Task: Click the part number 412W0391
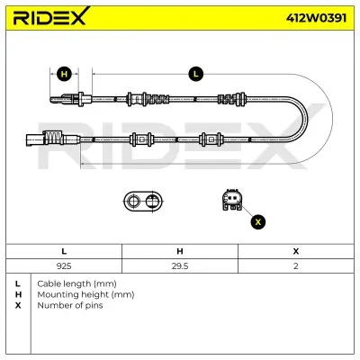(316, 18)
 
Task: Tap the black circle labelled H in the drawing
(64, 74)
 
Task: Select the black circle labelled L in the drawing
(195, 74)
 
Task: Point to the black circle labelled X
(258, 222)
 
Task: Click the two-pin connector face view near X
(232, 200)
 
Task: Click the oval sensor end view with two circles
(143, 201)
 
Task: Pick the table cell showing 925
(64, 266)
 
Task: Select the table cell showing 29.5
(180, 266)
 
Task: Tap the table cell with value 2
(296, 266)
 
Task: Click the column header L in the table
(64, 251)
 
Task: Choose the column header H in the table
(180, 251)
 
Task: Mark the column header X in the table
(296, 251)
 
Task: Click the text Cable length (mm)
(76, 283)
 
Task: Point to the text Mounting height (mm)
(85, 294)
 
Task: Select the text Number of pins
(70, 305)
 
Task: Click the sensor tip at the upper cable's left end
(57, 100)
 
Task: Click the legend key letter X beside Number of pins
(18, 305)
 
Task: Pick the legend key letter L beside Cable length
(18, 283)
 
